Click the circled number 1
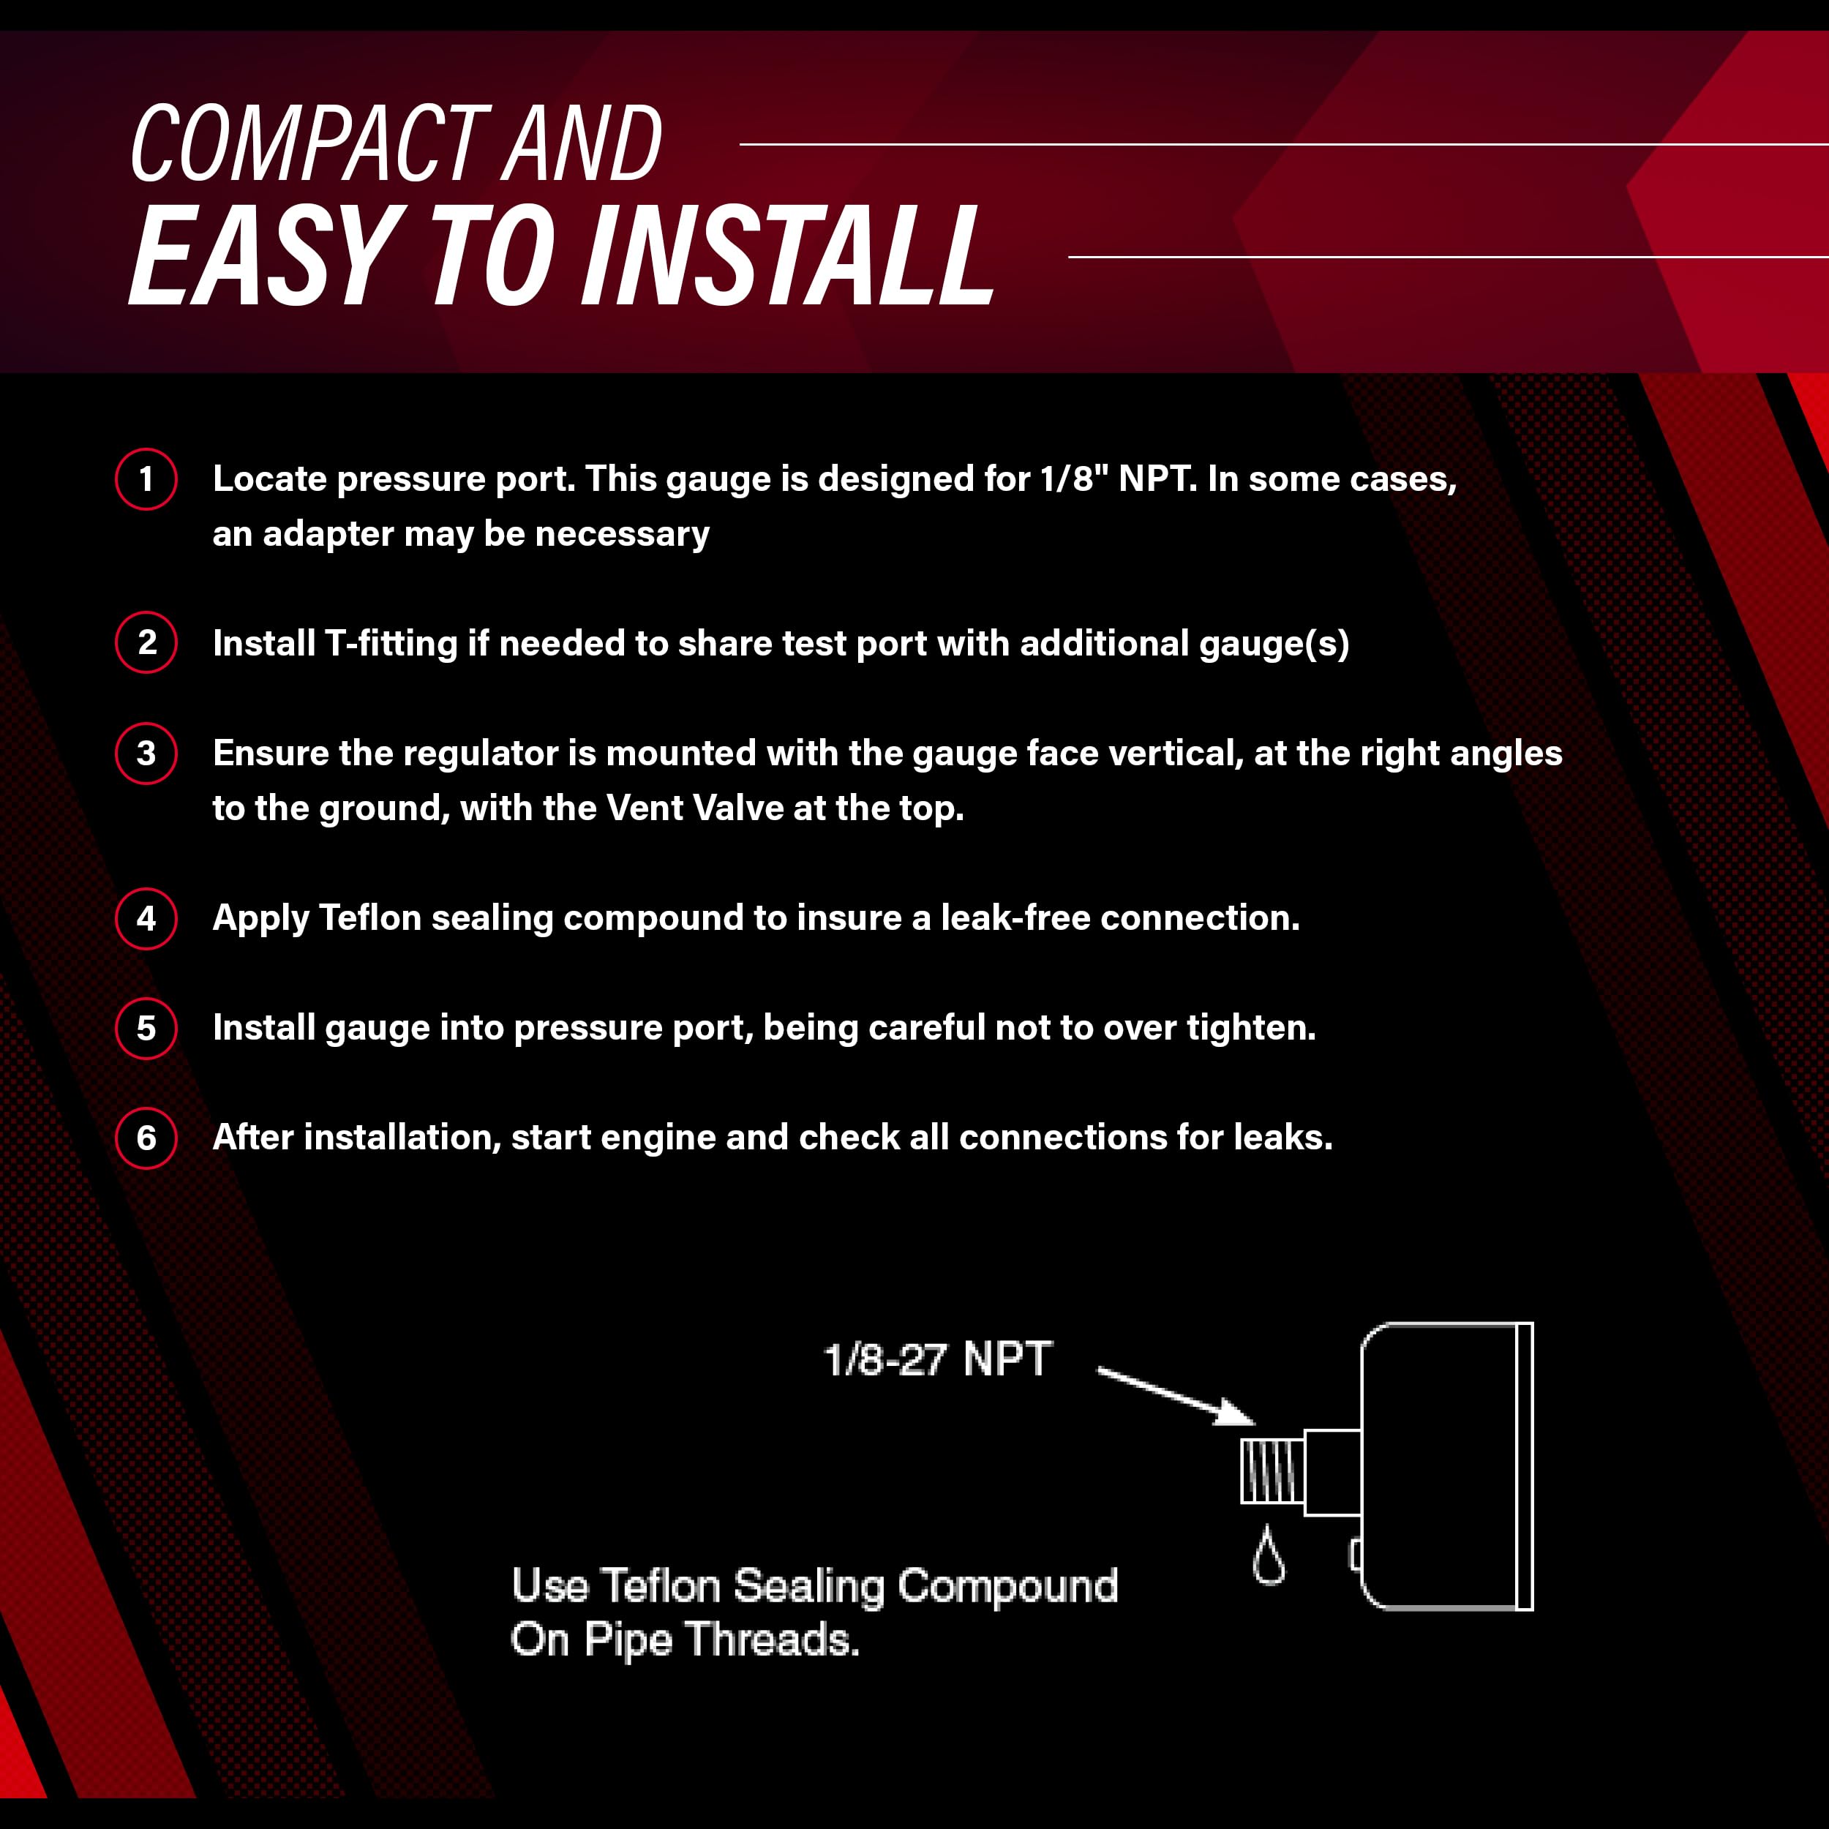(x=146, y=479)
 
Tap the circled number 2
(x=146, y=643)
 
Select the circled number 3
(x=146, y=754)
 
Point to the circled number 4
(x=146, y=918)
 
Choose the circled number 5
(x=146, y=1028)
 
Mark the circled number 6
(x=146, y=1138)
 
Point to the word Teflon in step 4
(x=370, y=917)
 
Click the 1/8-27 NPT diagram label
(x=937, y=1360)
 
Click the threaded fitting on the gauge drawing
(x=1272, y=1472)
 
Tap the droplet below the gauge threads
(x=1269, y=1555)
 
